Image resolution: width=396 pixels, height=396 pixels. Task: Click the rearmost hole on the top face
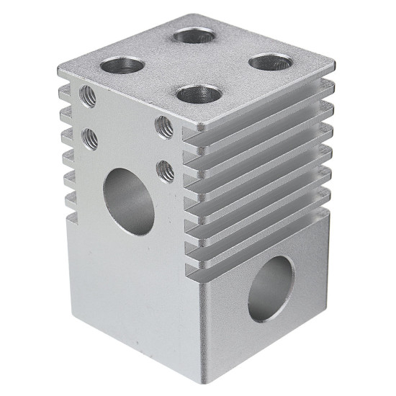click(x=195, y=35)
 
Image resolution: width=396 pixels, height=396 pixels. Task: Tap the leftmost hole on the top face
click(x=121, y=67)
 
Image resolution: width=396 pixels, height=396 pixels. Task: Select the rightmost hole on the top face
click(x=271, y=62)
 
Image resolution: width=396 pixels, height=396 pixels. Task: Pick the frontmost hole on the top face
click(x=199, y=94)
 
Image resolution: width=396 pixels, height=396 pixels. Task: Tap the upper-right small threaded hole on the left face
click(x=164, y=127)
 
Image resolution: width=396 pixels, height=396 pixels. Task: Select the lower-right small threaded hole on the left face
click(x=166, y=171)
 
